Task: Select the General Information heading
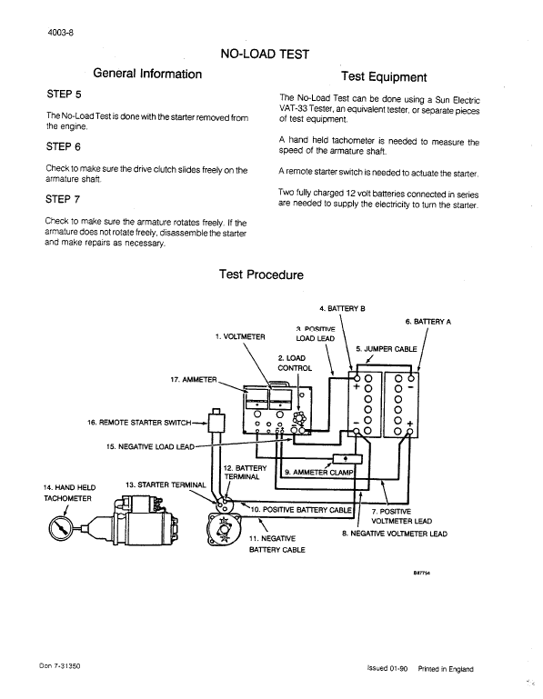point(147,74)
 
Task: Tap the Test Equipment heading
point(383,76)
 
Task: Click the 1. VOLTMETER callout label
point(240,336)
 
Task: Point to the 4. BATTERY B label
point(343,308)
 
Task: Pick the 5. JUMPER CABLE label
point(387,348)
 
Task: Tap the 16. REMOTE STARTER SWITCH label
point(146,422)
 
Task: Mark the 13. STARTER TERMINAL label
point(166,484)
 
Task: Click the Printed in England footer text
point(446,668)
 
